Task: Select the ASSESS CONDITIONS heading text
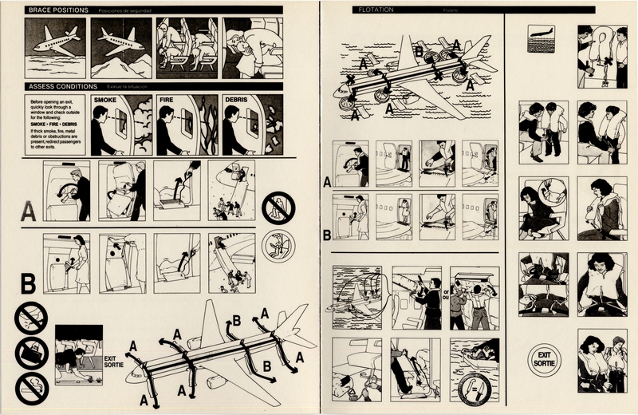coord(62,85)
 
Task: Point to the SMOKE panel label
coord(105,101)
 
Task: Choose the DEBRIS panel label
coord(238,101)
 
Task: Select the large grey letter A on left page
coord(29,211)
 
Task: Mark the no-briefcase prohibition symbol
coord(31,350)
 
